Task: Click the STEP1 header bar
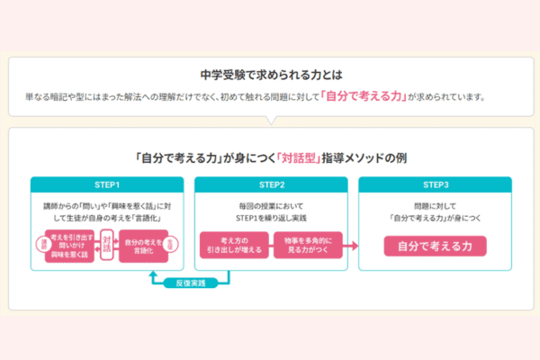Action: (106, 185)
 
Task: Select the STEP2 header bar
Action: (270, 185)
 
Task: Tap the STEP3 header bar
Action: (435, 185)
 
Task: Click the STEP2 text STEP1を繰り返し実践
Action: (270, 219)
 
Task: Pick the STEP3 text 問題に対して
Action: (435, 206)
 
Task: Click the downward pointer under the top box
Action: (270, 122)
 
